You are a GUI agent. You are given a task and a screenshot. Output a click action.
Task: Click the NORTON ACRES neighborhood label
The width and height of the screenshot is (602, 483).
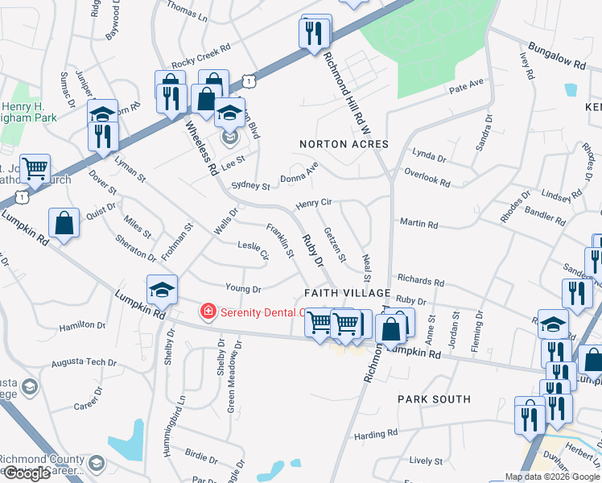pyautogui.click(x=344, y=144)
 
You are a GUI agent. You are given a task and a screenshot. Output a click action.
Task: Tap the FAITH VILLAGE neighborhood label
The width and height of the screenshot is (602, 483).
pyautogui.click(x=347, y=292)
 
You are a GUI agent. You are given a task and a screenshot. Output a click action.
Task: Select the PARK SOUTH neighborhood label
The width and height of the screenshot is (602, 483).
pyautogui.click(x=434, y=399)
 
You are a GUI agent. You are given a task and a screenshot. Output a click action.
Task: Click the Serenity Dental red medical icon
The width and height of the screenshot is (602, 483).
pyautogui.click(x=208, y=311)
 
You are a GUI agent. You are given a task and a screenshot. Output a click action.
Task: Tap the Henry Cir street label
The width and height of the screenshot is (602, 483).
pyautogui.click(x=314, y=204)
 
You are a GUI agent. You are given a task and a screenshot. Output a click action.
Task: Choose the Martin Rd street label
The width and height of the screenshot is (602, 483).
pyautogui.click(x=418, y=225)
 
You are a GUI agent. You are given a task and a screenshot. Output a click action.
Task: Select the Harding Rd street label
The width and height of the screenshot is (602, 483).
pyautogui.click(x=377, y=434)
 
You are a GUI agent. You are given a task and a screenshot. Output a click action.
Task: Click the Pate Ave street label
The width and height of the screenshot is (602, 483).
pyautogui.click(x=466, y=84)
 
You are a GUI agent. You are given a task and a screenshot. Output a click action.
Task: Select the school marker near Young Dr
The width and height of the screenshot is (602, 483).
pyautogui.click(x=162, y=291)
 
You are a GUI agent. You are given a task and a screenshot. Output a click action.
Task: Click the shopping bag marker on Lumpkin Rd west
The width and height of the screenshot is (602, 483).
pyautogui.click(x=64, y=222)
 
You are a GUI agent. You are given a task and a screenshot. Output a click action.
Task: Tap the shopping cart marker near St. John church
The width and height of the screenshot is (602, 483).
pyautogui.click(x=35, y=169)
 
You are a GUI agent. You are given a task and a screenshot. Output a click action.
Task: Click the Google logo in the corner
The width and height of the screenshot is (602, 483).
pyautogui.click(x=27, y=473)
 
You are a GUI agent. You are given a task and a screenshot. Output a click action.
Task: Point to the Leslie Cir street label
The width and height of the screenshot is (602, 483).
pyautogui.click(x=253, y=250)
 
